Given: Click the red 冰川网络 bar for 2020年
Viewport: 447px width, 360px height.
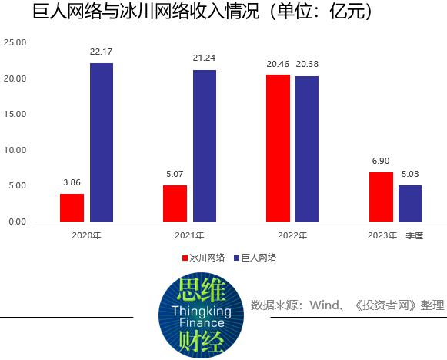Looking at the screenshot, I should point(72,208).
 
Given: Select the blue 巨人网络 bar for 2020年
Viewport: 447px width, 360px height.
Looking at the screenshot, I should point(102,142).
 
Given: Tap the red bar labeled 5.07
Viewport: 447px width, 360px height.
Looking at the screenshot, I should point(175,203).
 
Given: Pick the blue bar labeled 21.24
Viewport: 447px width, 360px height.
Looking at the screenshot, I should point(205,145).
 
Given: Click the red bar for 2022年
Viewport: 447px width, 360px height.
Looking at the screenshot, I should point(278,148).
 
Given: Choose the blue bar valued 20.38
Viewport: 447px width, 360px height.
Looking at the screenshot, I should point(306,148).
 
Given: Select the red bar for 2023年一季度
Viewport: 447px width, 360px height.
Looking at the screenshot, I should point(381,197).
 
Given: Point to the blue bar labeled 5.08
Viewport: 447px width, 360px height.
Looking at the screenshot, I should point(410,203).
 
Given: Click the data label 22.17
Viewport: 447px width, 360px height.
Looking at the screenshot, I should point(102,52).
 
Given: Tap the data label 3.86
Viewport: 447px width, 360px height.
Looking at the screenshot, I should point(72,183).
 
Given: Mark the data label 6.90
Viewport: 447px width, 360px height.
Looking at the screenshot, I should point(381,162).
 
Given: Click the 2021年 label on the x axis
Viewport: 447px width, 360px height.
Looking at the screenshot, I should point(189,235).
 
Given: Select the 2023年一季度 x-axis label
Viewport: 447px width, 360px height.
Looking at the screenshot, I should point(395,235).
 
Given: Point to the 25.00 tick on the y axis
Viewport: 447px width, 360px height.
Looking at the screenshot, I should point(15,43).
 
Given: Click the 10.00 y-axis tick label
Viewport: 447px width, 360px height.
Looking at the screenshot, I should point(15,150).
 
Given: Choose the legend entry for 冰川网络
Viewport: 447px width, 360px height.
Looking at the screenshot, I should point(203,258).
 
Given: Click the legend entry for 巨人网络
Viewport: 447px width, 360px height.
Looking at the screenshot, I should point(255,258).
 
